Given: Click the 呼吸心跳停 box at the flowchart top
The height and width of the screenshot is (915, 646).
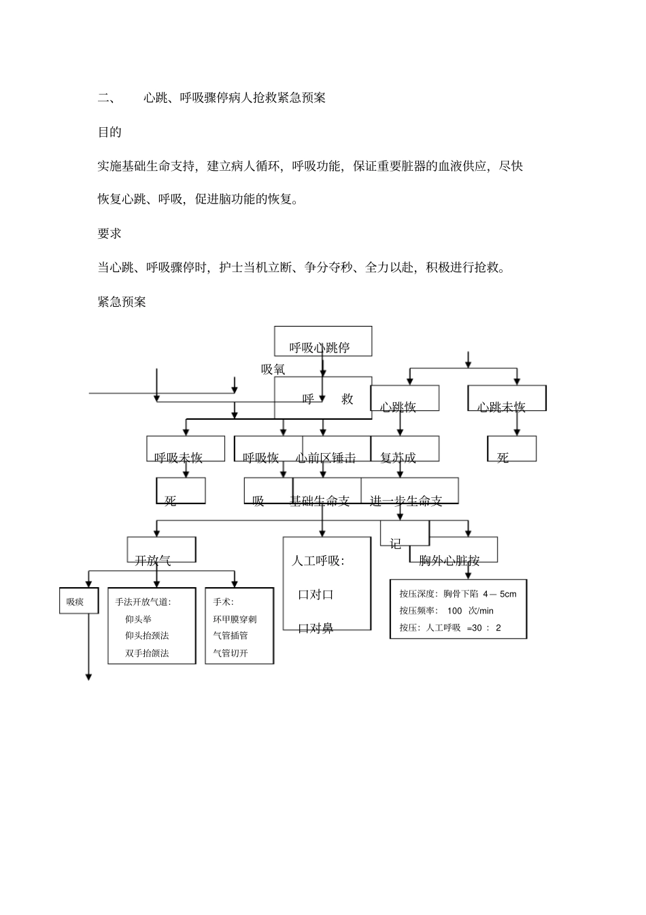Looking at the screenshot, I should pos(322,342).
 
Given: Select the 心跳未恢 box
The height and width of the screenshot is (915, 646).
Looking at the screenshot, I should pos(507,399).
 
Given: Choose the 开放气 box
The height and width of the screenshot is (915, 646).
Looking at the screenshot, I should pos(161,550).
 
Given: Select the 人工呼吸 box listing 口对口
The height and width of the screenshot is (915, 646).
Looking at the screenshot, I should pos(327,584).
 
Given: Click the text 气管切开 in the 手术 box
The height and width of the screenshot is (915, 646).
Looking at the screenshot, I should pos(231,653).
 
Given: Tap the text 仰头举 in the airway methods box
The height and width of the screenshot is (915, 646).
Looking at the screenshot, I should pos(138,619).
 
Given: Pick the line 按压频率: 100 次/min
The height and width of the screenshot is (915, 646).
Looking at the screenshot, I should pos(447,611).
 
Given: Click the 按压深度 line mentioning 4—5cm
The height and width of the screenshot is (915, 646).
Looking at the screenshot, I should pos(458,594).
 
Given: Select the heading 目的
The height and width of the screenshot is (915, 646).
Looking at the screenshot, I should pos(109,132).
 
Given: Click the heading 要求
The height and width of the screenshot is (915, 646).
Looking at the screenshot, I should pos(109,233).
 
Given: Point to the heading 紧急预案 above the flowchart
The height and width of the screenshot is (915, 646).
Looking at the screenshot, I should pos(122,301).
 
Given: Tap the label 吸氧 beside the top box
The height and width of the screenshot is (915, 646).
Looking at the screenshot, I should pos(273,369).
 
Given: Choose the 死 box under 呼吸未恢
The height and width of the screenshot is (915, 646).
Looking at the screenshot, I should pos(181,490).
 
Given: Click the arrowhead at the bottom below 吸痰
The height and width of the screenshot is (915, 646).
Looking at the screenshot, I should pos(88,676).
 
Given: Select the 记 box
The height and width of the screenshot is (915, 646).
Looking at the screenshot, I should pos(405,533).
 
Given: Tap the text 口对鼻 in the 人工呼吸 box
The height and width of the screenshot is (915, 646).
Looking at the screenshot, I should pos(316,628).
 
